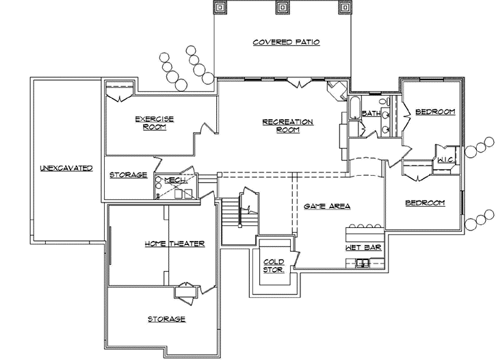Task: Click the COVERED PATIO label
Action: (286, 42)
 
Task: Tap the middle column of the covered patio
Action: (281, 8)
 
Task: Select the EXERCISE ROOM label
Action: (154, 123)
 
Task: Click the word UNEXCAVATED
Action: (66, 168)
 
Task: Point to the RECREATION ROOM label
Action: (287, 126)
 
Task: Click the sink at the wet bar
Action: (365, 263)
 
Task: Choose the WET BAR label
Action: (363, 246)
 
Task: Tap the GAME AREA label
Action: (327, 206)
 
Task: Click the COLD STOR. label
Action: (274, 265)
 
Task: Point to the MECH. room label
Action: (172, 179)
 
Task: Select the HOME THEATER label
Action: (174, 244)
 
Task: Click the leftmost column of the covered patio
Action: (223, 8)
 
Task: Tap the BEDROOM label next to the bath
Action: (435, 112)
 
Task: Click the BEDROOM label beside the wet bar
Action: (425, 203)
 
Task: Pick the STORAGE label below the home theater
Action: (166, 319)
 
